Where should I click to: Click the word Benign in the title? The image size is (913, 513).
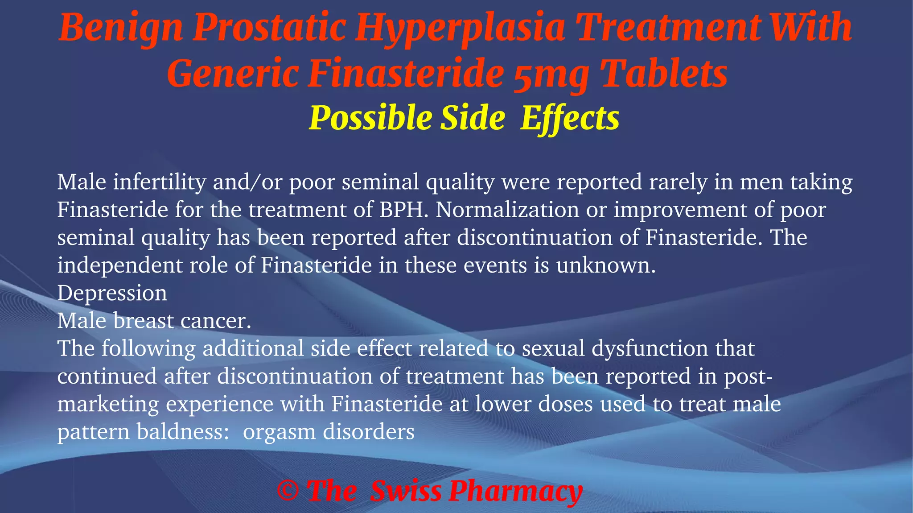(120, 28)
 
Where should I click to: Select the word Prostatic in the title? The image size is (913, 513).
(269, 28)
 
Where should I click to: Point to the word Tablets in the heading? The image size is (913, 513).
(664, 74)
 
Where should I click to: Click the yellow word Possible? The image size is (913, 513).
(370, 118)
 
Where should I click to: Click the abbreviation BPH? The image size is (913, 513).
(403, 210)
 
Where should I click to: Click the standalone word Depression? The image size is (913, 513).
(112, 293)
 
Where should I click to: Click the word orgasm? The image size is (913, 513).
(279, 432)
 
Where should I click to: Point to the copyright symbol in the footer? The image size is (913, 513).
(288, 491)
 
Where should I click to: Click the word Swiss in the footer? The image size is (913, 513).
(406, 491)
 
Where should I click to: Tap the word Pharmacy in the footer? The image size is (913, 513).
(515, 491)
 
